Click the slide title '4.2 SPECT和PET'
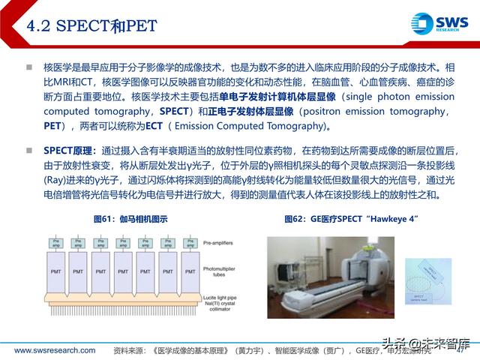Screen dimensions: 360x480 coord(92,26)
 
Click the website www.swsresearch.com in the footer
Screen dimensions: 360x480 coord(55,350)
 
